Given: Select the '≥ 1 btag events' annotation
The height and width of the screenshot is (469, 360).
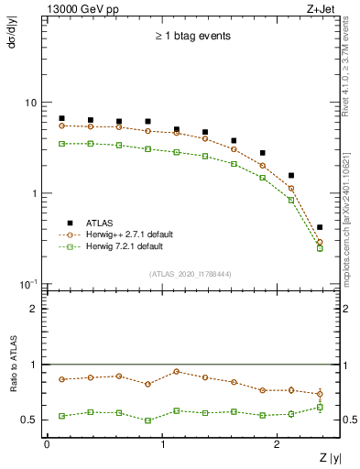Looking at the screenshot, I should [191, 37].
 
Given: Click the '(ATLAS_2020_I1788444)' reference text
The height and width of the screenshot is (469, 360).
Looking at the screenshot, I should [190, 274].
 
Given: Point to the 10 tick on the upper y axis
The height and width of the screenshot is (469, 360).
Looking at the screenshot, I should [30, 103].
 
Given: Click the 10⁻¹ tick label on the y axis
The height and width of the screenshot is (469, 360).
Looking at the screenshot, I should [27, 283].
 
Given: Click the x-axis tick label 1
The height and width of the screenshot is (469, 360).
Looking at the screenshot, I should [162, 444].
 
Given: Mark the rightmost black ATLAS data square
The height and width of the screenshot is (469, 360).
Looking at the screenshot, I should [320, 227].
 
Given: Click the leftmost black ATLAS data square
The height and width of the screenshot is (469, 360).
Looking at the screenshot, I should [61, 118].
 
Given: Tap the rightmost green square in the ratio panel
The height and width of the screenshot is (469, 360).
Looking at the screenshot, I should [320, 407].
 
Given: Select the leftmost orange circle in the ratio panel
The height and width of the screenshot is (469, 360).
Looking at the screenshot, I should [61, 379].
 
